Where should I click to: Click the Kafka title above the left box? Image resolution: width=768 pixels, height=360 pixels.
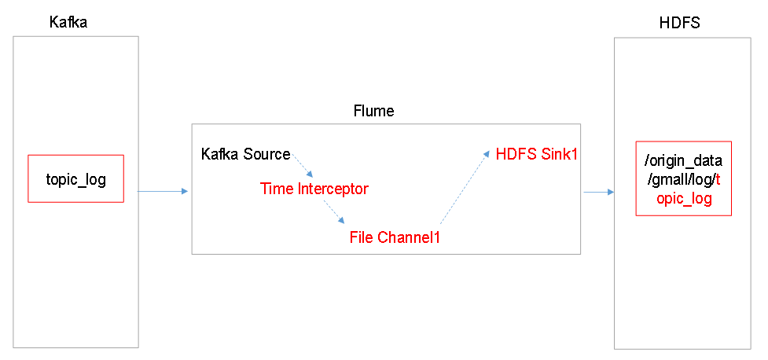(x=68, y=23)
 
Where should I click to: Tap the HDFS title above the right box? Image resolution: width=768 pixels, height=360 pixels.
(x=679, y=23)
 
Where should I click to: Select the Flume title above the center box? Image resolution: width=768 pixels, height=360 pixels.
(x=373, y=111)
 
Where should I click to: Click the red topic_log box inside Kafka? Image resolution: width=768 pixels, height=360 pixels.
(x=75, y=179)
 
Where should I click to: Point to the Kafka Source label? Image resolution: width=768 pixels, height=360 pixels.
(x=245, y=154)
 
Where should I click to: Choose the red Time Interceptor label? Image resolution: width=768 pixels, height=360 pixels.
(x=314, y=189)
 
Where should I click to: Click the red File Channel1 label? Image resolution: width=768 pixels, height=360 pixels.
(x=394, y=237)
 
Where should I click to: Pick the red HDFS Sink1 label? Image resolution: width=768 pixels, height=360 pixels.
(x=537, y=154)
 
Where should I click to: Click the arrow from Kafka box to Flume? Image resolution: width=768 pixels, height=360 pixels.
(x=163, y=190)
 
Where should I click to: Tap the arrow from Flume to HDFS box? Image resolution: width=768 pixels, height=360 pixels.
(x=597, y=191)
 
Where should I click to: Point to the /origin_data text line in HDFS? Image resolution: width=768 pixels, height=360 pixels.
(x=683, y=161)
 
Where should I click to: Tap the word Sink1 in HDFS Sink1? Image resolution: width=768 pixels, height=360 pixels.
(x=559, y=154)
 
